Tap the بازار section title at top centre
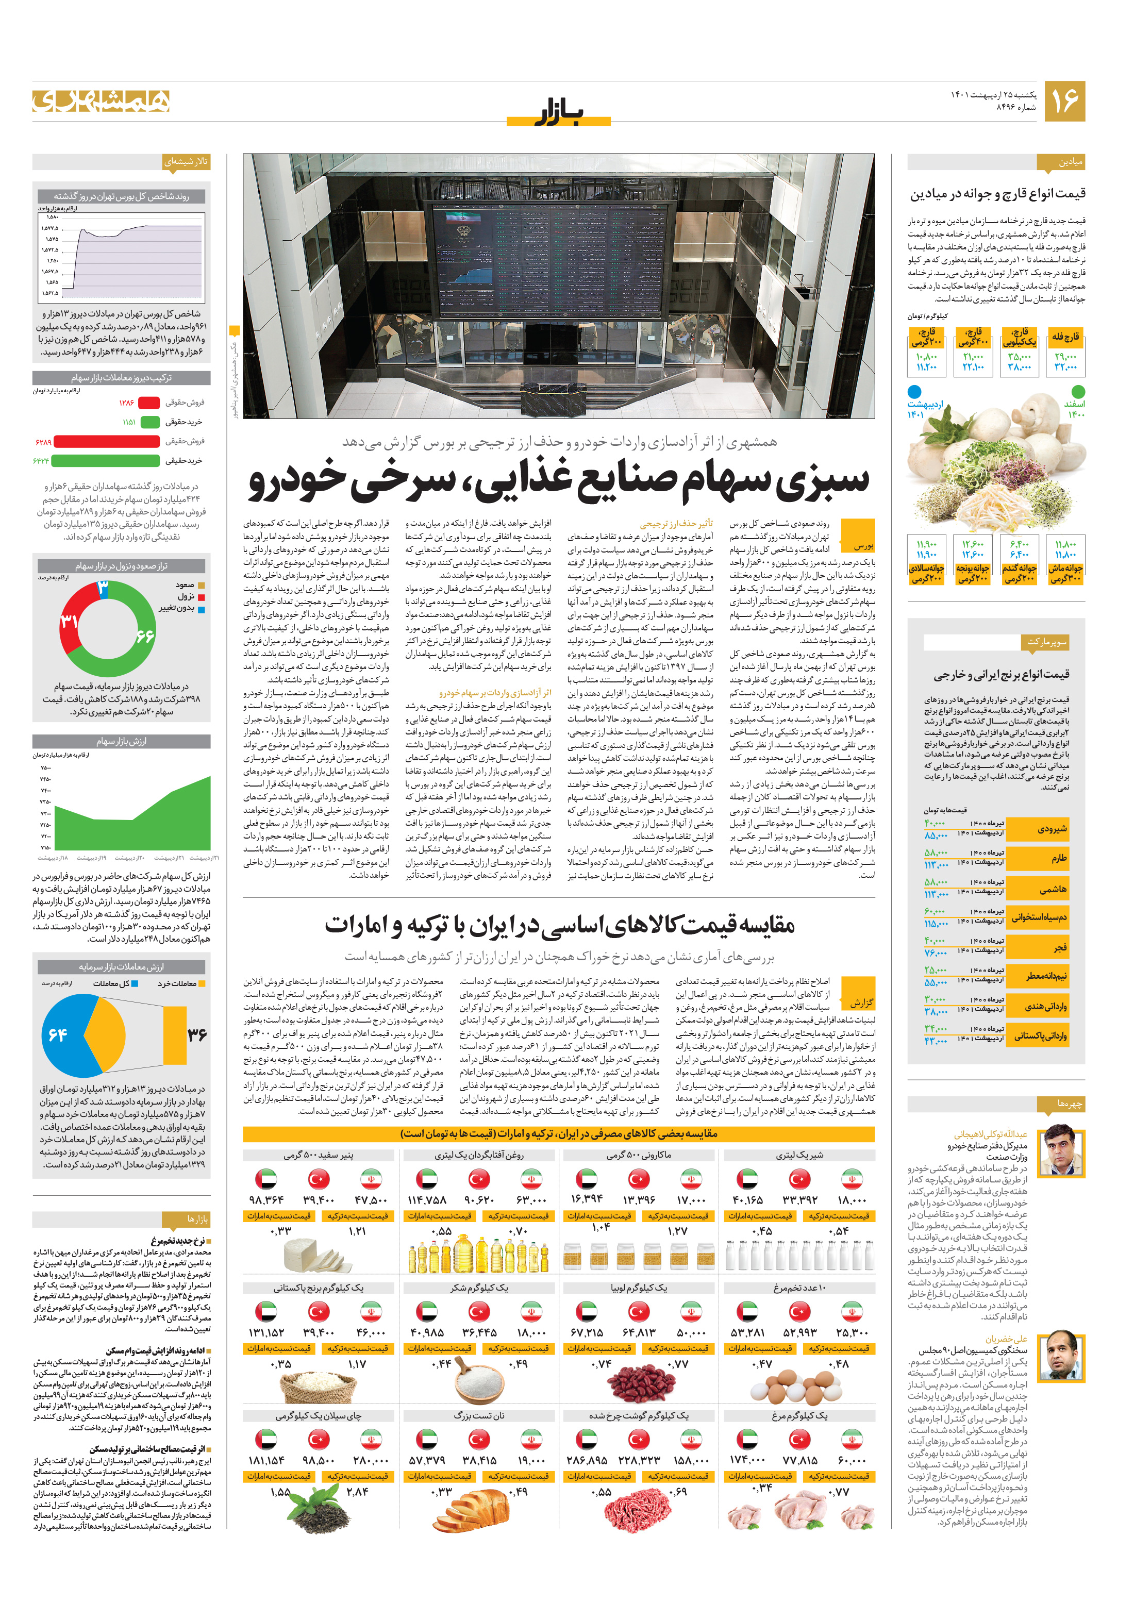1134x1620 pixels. click(558, 113)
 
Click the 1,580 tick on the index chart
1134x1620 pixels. click(52, 218)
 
